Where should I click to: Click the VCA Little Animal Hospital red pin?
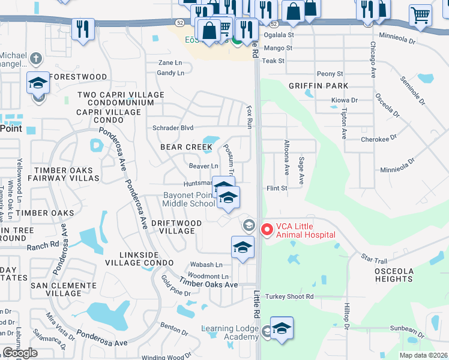pyautogui.click(x=267, y=229)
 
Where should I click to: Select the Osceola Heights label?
pyautogui.click(x=394, y=274)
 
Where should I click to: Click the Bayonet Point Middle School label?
pyautogui.click(x=189, y=199)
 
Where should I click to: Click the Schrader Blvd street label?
pyautogui.click(x=173, y=128)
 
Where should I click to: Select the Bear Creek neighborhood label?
pyautogui.click(x=186, y=147)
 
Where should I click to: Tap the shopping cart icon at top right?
pyautogui.click(x=420, y=16)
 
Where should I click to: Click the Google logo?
pyautogui.click(x=20, y=353)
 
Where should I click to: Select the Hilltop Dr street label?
pyautogui.click(x=347, y=316)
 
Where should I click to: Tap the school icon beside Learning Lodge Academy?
pyautogui.click(x=282, y=328)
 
